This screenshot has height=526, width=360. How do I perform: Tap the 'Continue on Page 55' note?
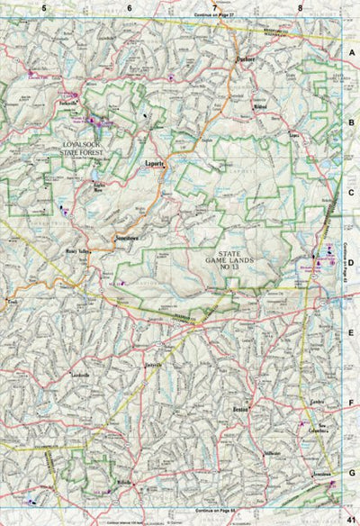(x=213, y=510)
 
